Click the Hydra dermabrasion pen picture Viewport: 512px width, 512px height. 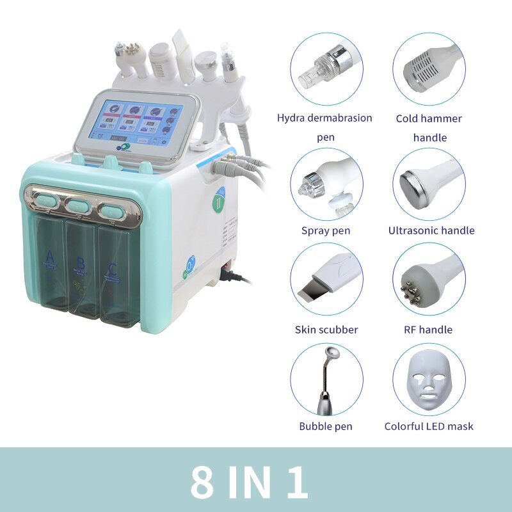point(326,70)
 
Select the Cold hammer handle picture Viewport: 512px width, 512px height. point(429,70)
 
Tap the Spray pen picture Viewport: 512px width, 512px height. point(326,185)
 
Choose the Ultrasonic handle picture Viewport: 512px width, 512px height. point(429,185)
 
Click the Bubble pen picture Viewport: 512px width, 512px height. point(326,379)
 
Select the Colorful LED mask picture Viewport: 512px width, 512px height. point(429,379)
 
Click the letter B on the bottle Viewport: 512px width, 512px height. point(81,263)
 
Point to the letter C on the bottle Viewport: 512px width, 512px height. point(113,268)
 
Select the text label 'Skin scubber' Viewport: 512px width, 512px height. point(326,330)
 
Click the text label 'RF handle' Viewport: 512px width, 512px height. point(429,330)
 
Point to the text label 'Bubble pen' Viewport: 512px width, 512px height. point(326,426)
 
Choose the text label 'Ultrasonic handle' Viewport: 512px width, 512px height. point(431,230)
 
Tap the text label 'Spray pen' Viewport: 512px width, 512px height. point(326,230)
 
